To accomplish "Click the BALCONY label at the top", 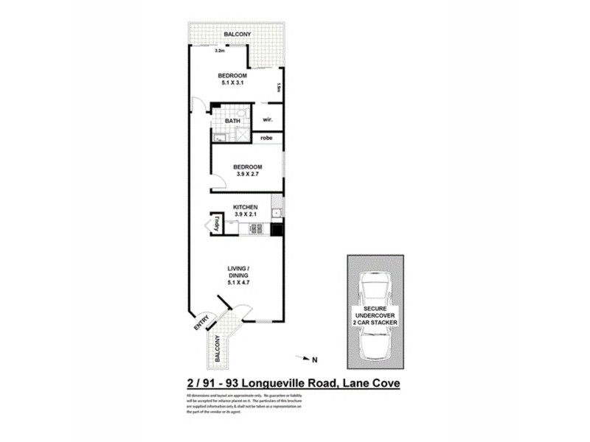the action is pyautogui.click(x=237, y=35).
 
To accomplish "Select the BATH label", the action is pyautogui.click(x=232, y=121).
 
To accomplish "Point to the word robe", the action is pyautogui.click(x=267, y=138).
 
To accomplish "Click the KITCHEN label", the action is pyautogui.click(x=245, y=208).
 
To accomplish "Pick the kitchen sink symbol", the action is pyautogui.click(x=277, y=213).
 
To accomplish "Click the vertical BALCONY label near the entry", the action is pyautogui.click(x=218, y=347).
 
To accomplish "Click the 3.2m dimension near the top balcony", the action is pyautogui.click(x=219, y=52).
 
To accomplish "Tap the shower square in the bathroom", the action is pyautogui.click(x=241, y=134).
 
